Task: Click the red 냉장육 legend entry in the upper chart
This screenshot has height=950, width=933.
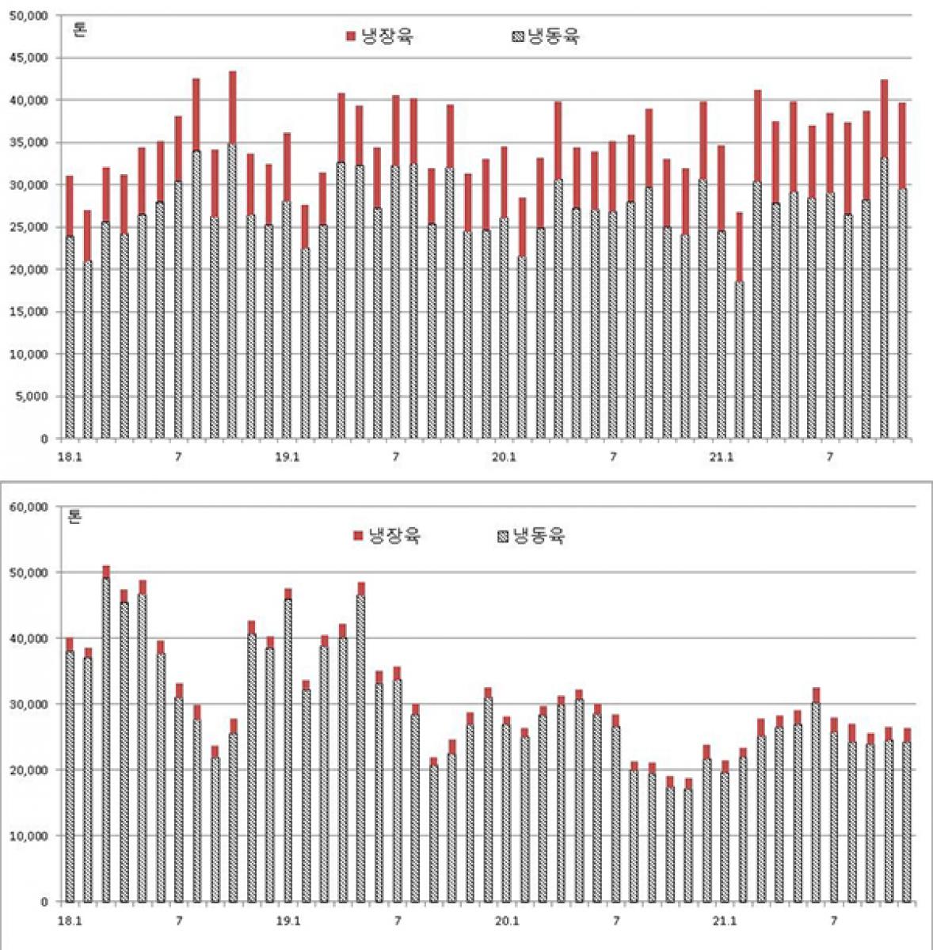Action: pos(379,36)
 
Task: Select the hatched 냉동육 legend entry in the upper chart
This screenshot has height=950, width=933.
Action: pos(546,36)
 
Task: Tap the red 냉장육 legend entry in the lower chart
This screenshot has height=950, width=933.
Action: pos(387,536)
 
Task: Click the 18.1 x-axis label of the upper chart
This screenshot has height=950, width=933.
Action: pos(70,457)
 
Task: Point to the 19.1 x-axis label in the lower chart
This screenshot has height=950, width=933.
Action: pos(288,921)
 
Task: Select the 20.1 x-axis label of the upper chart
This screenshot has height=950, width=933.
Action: pos(504,457)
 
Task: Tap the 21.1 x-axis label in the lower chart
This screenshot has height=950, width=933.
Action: pos(724,921)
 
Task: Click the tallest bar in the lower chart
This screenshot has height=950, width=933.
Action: pos(106,736)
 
